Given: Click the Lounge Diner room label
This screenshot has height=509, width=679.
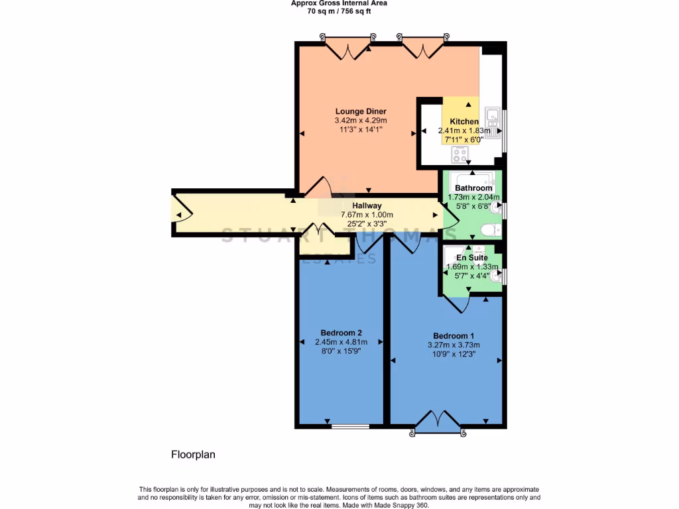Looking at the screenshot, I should [361, 111].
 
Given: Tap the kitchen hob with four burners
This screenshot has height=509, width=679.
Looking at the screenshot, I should [460, 154].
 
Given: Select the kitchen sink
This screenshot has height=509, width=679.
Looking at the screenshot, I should [493, 118].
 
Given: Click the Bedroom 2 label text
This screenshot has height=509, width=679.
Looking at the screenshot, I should [341, 333].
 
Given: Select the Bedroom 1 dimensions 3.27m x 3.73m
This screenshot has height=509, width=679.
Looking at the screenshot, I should [454, 345].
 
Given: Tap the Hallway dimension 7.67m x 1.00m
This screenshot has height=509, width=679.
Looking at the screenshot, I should [367, 215].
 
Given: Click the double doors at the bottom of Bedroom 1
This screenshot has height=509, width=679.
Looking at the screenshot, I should [437, 422].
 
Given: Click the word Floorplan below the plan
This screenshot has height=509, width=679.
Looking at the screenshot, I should [194, 455].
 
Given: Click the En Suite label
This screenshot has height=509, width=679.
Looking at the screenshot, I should [471, 257].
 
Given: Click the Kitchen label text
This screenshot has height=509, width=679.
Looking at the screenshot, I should [464, 122].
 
